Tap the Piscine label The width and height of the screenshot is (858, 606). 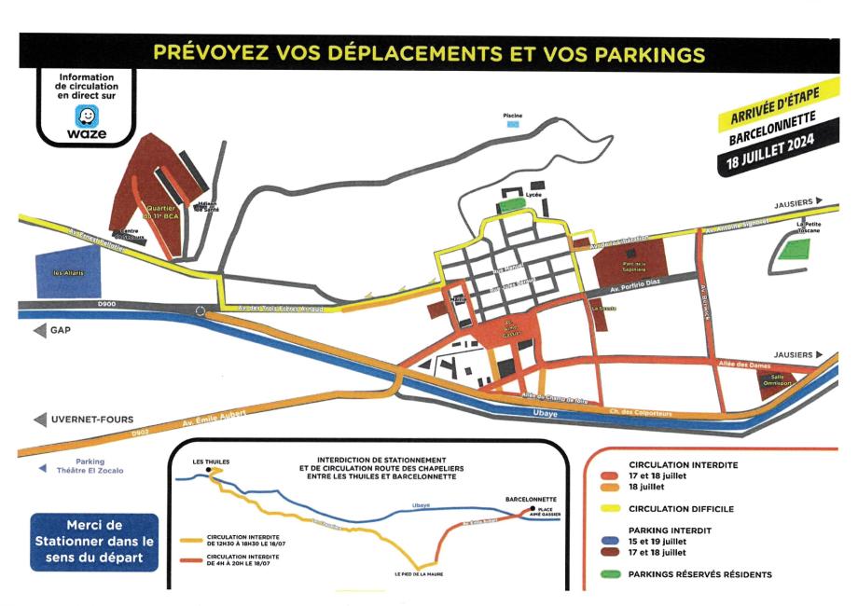[x=513, y=116]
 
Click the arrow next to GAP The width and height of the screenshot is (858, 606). [x=38, y=331]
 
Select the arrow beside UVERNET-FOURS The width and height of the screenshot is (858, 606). [x=38, y=420]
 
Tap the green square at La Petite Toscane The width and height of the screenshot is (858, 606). [x=796, y=249]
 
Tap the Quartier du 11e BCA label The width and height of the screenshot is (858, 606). [x=163, y=213]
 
